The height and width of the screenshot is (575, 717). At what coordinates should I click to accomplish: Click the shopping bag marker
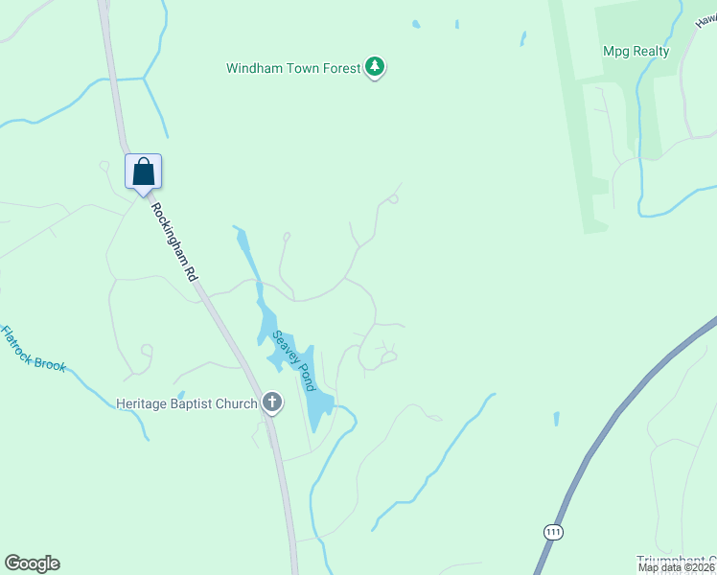click(x=144, y=172)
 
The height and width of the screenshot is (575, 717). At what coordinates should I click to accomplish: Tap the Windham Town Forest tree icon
click(x=376, y=68)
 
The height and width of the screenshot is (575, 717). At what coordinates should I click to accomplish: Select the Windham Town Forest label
click(x=293, y=68)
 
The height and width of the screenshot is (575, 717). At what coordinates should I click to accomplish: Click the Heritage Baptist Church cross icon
click(x=272, y=402)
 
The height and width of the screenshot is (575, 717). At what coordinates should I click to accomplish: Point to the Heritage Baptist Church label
click(x=187, y=403)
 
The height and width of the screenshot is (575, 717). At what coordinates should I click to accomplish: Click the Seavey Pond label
click(x=293, y=360)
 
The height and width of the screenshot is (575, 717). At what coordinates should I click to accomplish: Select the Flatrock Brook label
click(x=33, y=349)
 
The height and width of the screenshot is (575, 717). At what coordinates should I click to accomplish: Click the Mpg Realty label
click(x=636, y=51)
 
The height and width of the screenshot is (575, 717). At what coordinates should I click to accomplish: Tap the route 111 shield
click(x=552, y=532)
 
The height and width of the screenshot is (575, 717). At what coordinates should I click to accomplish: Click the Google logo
click(x=32, y=563)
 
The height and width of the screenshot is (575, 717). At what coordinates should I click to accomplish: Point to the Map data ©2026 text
click(x=677, y=567)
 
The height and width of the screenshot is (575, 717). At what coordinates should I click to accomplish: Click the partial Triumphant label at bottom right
click(x=676, y=560)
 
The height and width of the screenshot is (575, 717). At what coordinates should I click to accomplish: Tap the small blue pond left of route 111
click(x=556, y=419)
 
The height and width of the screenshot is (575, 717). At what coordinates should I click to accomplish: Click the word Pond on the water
click(x=304, y=376)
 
